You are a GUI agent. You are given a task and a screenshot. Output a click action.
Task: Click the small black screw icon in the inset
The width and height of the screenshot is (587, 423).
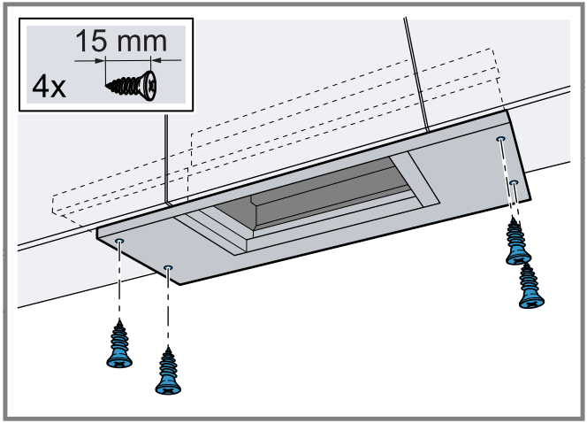[x=132, y=87]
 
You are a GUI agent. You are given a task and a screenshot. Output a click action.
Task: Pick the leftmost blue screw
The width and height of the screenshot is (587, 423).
[x=118, y=342]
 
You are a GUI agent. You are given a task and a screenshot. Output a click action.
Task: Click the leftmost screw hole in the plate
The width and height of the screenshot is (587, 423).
[x=120, y=242]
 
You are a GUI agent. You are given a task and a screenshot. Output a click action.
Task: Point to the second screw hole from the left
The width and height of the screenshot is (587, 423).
[x=169, y=266]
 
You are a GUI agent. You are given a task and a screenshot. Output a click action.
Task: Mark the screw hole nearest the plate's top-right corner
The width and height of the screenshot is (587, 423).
[x=500, y=139]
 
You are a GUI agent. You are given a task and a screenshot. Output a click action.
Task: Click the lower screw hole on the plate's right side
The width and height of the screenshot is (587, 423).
[x=514, y=182]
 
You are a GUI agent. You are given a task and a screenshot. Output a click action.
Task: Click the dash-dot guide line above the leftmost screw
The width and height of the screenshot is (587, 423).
[x=119, y=283]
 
